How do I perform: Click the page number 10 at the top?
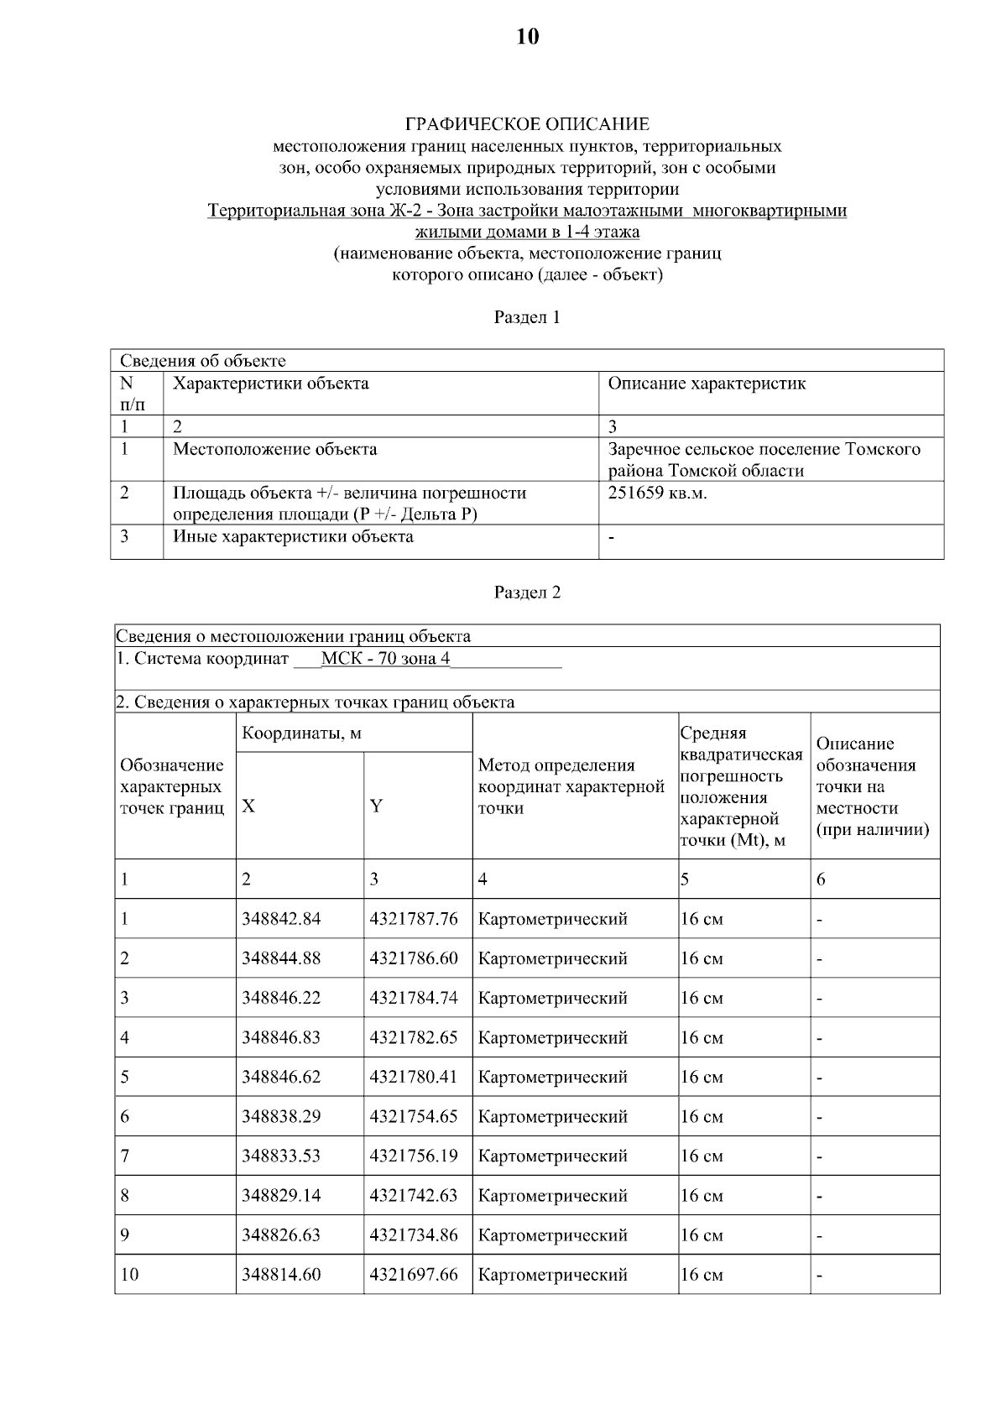point(527,37)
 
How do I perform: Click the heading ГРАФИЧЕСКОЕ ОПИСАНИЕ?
point(527,125)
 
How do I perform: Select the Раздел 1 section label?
point(527,317)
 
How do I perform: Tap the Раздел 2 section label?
point(527,592)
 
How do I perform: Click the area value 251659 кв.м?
point(657,493)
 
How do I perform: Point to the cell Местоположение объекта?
point(274,449)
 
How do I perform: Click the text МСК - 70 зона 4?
point(385,659)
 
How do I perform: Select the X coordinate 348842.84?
point(281,919)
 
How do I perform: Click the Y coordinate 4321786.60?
point(414,958)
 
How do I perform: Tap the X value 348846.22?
point(281,998)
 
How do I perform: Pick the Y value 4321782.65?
point(414,1037)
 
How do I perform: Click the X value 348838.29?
point(281,1116)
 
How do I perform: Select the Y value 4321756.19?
point(414,1156)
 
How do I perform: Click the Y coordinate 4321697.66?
point(414,1275)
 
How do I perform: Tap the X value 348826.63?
point(281,1235)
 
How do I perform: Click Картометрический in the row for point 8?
point(552,1195)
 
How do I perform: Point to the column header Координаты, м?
point(301,733)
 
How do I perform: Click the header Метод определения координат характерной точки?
point(571,786)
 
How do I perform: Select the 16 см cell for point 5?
point(702,1077)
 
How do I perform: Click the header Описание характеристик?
point(707,384)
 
